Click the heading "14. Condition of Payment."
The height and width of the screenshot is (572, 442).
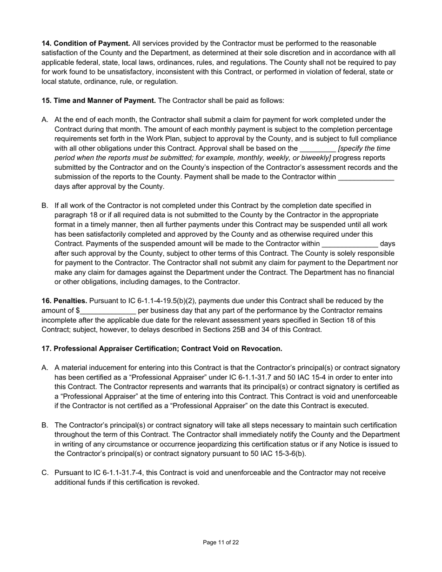[x=86, y=43]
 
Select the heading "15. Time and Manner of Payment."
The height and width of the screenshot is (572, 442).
[x=99, y=100]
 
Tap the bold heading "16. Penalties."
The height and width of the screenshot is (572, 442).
[x=64, y=301]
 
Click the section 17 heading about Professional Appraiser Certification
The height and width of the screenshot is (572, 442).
[x=161, y=348]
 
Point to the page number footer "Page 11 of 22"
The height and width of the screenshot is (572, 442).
[x=221, y=542]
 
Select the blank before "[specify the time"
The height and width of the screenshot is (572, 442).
[x=317, y=149]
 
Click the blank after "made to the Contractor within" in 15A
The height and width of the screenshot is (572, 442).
[x=366, y=177]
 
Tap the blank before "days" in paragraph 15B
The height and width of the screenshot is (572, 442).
[x=349, y=244]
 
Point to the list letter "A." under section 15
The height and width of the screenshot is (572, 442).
[x=45, y=120]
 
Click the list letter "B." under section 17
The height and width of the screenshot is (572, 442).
[x=45, y=425]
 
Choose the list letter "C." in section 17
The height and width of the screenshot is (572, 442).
[x=45, y=472]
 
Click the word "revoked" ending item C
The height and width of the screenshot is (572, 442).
[x=185, y=482]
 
